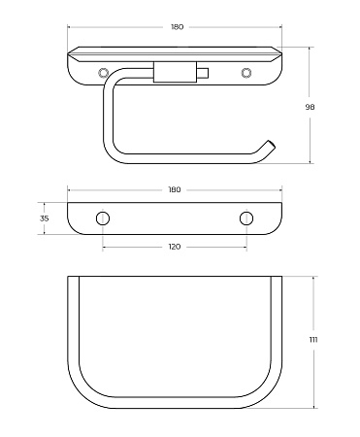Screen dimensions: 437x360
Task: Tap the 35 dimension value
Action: click(x=45, y=218)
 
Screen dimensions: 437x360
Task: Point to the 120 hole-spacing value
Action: click(x=175, y=247)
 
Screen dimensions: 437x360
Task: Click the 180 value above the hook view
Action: click(x=176, y=27)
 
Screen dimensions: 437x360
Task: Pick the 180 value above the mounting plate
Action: click(x=175, y=189)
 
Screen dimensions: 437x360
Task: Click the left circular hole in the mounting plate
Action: click(x=103, y=217)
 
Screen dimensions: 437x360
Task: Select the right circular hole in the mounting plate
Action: click(x=246, y=217)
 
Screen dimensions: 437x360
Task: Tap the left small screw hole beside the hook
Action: click(x=104, y=73)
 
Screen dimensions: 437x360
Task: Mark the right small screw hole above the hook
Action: click(x=245, y=73)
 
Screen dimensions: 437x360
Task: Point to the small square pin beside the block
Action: click(x=202, y=73)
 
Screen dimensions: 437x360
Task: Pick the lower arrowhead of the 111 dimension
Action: click(x=312, y=405)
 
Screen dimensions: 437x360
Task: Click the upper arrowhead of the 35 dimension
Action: click(x=45, y=203)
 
